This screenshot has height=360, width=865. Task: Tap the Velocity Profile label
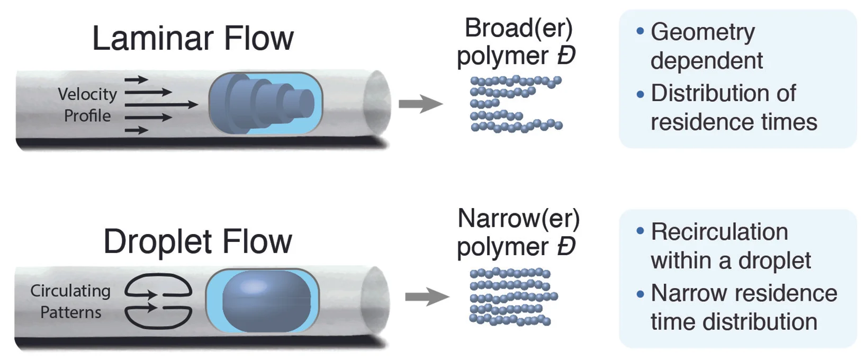coord(87,105)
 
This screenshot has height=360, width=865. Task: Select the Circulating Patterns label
coord(70,301)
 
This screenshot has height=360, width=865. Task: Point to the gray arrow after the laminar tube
coord(420,104)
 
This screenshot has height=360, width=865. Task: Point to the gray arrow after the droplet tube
coord(427,296)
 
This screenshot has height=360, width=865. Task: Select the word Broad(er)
coord(518,28)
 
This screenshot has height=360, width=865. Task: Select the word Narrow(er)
coord(518,219)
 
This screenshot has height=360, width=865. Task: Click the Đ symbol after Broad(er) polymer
coord(566,56)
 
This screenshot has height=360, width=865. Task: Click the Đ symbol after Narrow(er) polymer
coord(566,247)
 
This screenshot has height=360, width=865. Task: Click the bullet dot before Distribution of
coord(641,95)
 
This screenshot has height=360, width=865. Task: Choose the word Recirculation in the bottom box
coord(719,232)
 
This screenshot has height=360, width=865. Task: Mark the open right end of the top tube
coord(377,103)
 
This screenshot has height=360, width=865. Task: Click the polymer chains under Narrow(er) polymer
coord(512,296)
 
